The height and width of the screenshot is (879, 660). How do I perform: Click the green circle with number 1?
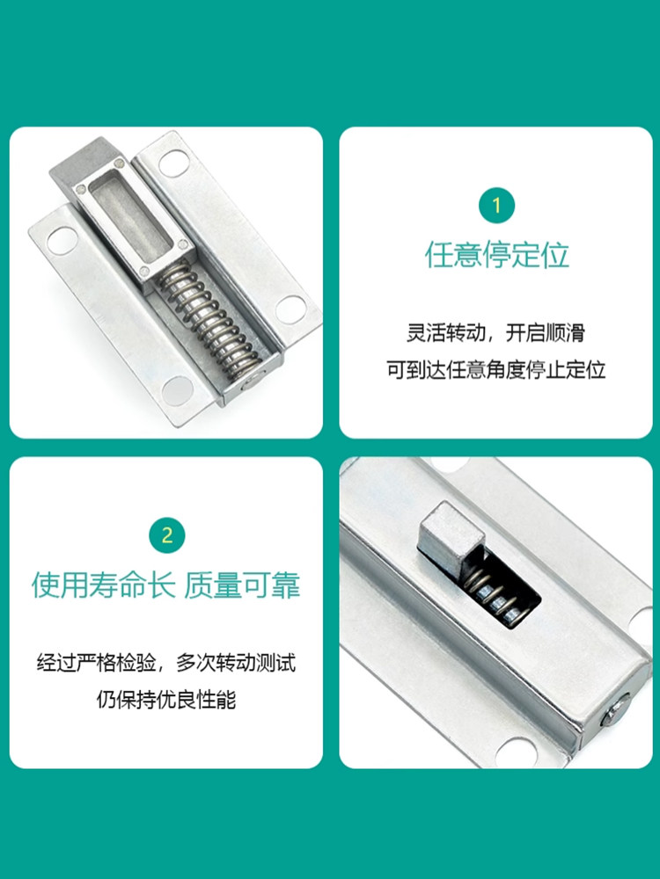496,206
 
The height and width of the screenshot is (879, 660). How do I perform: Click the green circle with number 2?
166,535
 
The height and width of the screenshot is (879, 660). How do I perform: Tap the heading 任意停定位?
496,256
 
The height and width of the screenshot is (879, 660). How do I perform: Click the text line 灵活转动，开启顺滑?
495,333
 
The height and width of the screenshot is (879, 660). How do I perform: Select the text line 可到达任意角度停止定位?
496,370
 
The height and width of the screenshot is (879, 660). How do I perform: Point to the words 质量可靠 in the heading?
242,585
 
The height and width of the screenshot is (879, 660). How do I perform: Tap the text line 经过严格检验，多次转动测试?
166,663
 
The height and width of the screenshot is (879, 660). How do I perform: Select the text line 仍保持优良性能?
166,700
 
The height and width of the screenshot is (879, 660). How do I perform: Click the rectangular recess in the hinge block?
131,222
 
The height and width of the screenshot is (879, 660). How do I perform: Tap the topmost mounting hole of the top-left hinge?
172,163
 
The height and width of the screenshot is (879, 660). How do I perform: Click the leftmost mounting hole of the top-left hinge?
62,241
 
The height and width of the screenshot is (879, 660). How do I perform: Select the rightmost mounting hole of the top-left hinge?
290,309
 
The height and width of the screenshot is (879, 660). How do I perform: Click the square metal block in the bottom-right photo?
450,534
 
